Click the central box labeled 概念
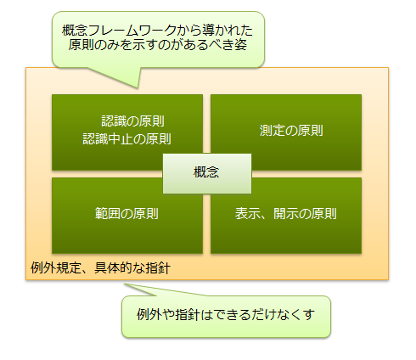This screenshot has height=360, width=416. point(207,173)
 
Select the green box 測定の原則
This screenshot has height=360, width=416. point(286,132)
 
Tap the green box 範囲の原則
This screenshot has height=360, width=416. point(127,216)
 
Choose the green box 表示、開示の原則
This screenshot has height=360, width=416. point(286,216)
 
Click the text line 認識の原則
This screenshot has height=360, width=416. point(132,121)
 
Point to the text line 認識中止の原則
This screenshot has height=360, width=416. point(126,139)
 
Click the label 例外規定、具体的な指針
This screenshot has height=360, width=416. point(100,268)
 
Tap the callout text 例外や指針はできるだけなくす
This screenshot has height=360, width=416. point(226,314)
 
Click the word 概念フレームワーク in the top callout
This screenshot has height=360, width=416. point(119,31)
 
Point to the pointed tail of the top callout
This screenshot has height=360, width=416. point(138,88)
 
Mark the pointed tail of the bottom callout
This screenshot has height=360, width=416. point(125,284)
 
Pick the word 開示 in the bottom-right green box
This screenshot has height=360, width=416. point(286,214)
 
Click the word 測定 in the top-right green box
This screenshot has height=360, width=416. point(273,131)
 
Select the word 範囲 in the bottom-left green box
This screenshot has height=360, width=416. point(108,214)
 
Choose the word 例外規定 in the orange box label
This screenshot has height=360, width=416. point(56,268)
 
